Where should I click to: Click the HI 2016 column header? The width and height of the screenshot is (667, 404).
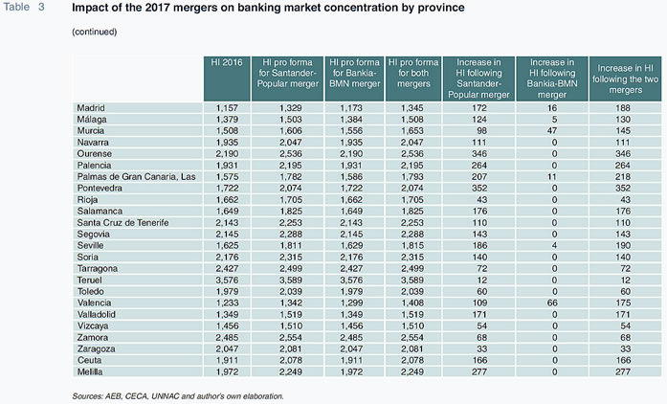(x=227, y=62)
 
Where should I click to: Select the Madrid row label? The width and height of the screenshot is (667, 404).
(x=91, y=108)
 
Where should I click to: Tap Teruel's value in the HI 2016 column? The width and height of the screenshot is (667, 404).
(x=227, y=281)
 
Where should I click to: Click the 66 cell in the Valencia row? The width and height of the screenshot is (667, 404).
(x=552, y=303)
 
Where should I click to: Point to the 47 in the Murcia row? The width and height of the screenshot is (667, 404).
(x=552, y=131)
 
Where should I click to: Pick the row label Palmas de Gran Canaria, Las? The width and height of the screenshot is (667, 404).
(x=136, y=177)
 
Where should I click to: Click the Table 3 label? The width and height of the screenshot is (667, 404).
(x=24, y=8)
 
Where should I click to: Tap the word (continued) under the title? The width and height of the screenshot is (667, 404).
(x=95, y=32)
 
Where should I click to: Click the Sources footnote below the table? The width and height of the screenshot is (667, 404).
(x=178, y=396)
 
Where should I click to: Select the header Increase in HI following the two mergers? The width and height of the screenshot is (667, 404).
(x=625, y=79)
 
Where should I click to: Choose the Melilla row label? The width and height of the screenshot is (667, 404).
(x=90, y=371)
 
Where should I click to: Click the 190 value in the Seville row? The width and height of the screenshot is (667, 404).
(x=623, y=246)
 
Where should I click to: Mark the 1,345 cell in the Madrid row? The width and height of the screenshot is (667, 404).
(x=412, y=108)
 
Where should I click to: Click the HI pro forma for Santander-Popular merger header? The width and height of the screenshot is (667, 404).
(x=287, y=73)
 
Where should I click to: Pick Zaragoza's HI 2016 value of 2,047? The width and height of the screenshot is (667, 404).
(x=227, y=349)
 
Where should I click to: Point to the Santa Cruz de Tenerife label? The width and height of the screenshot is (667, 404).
(x=122, y=223)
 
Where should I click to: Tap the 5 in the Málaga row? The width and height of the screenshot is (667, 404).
(x=554, y=120)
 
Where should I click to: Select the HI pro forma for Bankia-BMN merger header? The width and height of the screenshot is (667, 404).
(x=354, y=73)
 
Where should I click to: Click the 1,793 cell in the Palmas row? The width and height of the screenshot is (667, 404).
(x=412, y=177)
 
